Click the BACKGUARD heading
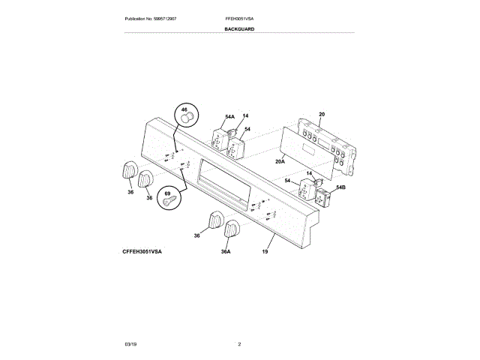coord(239,29)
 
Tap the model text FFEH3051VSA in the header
coord(239,17)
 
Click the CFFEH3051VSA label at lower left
coord(142,251)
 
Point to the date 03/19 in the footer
coord(130,343)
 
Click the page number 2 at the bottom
coord(239,343)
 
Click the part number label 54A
coord(229,117)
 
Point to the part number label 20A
coord(280,160)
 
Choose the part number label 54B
coord(340,187)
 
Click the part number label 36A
coord(226,251)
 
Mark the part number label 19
coord(264,251)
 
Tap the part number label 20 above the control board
coord(321,115)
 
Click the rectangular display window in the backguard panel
coord(223,181)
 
